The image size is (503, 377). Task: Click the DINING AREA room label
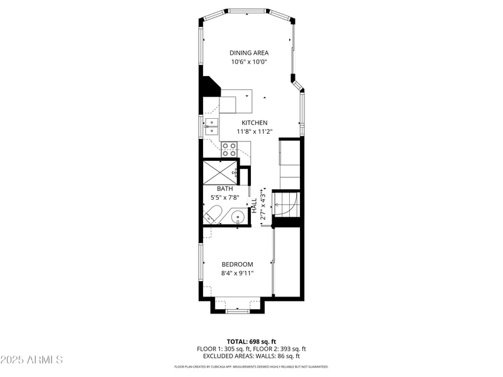coord(250,53)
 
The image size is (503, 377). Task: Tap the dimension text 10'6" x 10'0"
coord(250,62)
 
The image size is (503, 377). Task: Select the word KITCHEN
coord(253,123)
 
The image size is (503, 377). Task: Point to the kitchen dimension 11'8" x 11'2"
coord(254,132)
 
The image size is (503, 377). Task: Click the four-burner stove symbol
coord(229,150)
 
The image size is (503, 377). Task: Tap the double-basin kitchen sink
coord(211,127)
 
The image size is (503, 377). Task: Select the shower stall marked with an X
coord(218,172)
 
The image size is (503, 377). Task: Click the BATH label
coord(225,188)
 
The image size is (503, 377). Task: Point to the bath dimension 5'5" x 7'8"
coord(225,197)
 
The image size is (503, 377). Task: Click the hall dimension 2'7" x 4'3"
coord(263,205)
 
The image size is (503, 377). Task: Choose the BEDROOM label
coord(237,265)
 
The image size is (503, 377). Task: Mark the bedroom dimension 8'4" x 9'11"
coord(237,273)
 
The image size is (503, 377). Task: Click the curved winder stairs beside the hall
coord(290,204)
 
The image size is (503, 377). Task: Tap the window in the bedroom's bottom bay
coord(238,310)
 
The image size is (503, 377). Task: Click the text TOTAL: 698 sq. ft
coord(251,341)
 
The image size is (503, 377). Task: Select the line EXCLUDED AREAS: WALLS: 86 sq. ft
coord(251,356)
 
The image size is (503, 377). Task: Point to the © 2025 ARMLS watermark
coord(31,360)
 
